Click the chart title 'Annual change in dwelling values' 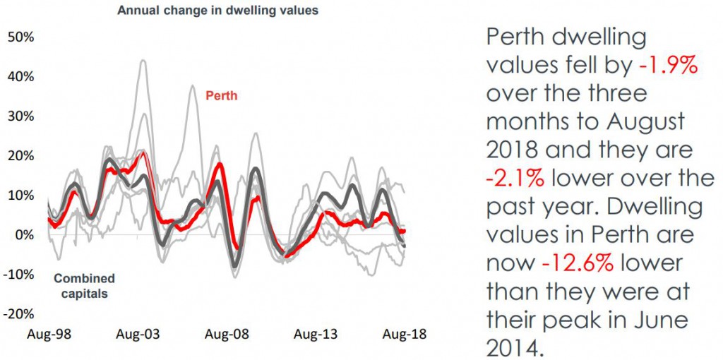(x=217, y=10)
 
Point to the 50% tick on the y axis (x=20, y=37)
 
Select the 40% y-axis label (x=20, y=76)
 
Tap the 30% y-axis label (x=20, y=116)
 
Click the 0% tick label (x=24, y=235)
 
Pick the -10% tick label (x=19, y=275)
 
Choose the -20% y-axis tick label (x=19, y=314)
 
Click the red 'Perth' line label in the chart (x=221, y=95)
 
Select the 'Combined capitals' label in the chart (x=84, y=285)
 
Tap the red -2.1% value (x=515, y=178)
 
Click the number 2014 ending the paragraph (x=516, y=347)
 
